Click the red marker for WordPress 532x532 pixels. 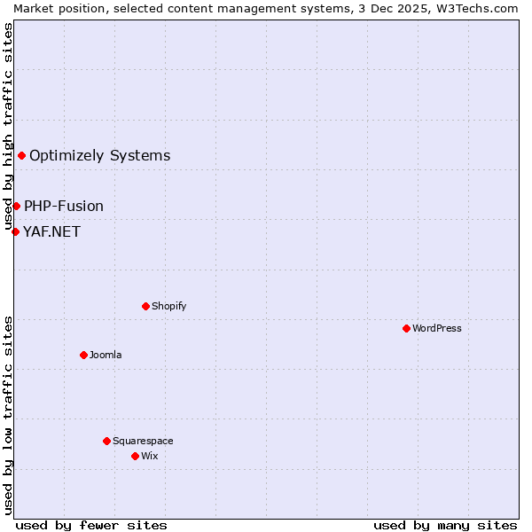pyautogui.click(x=406, y=328)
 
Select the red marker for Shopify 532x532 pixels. pyautogui.click(x=145, y=306)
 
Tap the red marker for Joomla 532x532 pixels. pyautogui.click(x=83, y=355)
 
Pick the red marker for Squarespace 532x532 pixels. pyautogui.click(x=106, y=441)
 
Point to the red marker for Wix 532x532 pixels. pyautogui.click(x=135, y=456)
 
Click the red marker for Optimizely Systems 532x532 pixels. pyautogui.click(x=21, y=156)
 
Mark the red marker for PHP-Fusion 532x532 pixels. pyautogui.click(x=16, y=206)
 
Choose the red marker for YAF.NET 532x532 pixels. pyautogui.click(x=15, y=231)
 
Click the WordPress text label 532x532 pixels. pyautogui.click(x=437, y=328)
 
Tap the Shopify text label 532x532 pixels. pyautogui.click(x=168, y=306)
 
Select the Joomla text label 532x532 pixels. pyautogui.click(x=106, y=355)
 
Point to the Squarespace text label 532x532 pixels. pyautogui.click(x=143, y=441)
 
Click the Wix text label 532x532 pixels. pyautogui.click(x=149, y=456)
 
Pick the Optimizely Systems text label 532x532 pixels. pyautogui.click(x=100, y=156)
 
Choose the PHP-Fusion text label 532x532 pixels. pyautogui.click(x=64, y=206)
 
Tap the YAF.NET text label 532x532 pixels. pyautogui.click(x=51, y=231)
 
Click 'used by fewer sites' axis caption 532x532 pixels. pyautogui.click(x=91, y=525)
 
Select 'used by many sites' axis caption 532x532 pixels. pyautogui.click(x=445, y=525)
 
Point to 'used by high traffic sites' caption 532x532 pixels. pyautogui.click(x=8, y=123)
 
